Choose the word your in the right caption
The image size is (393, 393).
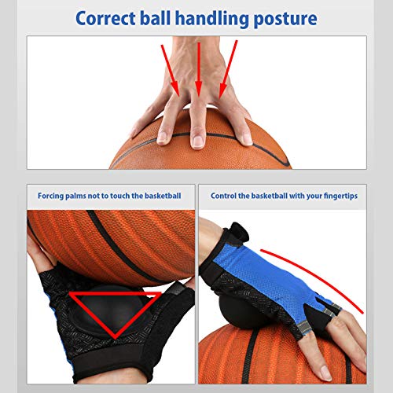(303, 195)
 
